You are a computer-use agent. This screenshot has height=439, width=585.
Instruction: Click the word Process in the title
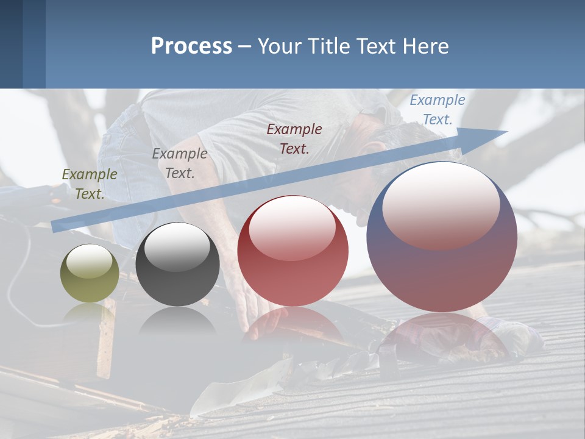(191, 46)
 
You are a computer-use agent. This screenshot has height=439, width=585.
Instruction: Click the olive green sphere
(90, 274)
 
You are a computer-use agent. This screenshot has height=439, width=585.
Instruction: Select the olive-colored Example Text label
(89, 184)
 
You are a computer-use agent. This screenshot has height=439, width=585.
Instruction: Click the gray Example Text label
(180, 163)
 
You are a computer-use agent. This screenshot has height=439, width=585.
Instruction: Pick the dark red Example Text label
(294, 138)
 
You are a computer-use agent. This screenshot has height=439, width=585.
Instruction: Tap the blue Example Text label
(437, 110)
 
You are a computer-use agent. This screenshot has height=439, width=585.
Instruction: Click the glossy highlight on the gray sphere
(177, 245)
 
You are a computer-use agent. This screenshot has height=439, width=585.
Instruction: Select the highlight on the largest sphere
(441, 205)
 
